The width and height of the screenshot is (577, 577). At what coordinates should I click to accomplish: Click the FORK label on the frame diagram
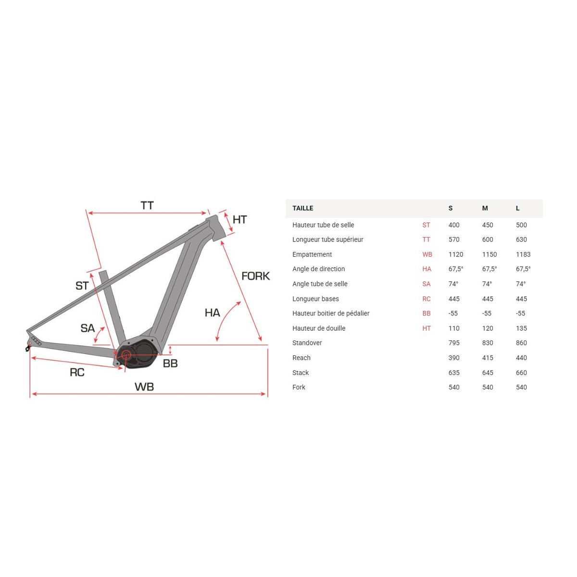tap(255, 276)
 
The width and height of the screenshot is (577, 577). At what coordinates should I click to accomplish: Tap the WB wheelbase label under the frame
tap(144, 387)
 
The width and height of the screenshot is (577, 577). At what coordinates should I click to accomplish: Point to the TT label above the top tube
tap(147, 206)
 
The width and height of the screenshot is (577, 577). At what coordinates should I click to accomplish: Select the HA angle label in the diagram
tap(213, 313)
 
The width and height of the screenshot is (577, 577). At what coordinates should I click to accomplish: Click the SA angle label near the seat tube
tap(88, 328)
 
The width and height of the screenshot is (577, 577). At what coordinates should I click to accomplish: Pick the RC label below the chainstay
tap(77, 373)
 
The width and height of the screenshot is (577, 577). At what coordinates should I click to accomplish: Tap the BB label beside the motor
tap(170, 364)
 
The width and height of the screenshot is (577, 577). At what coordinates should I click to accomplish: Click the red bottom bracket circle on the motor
tap(126, 355)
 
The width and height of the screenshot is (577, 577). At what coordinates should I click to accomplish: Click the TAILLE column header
tap(303, 208)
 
